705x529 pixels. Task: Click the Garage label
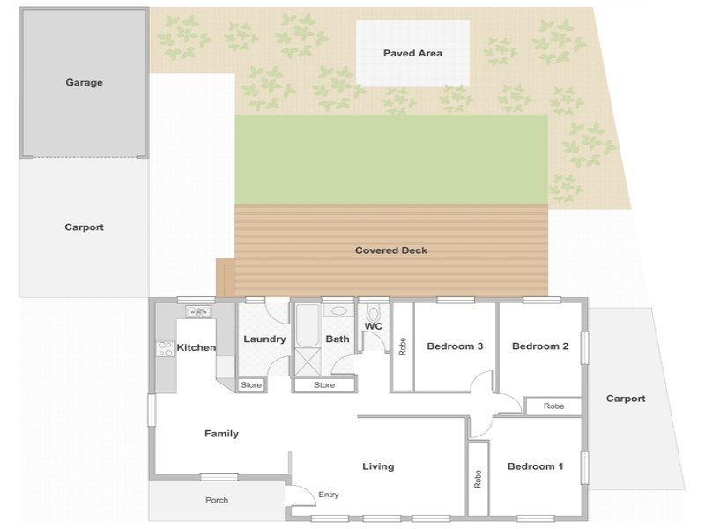pyautogui.click(x=84, y=82)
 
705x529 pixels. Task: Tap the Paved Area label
pyautogui.click(x=412, y=53)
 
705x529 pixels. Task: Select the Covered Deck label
pyautogui.click(x=391, y=250)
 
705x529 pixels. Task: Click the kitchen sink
pyautogui.click(x=198, y=311)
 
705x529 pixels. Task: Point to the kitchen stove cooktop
pyautogui.click(x=165, y=349)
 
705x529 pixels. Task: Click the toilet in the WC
pyautogui.click(x=373, y=313)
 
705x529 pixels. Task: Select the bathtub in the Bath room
pyautogui.click(x=308, y=325)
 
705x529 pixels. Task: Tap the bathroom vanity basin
pyautogui.click(x=338, y=310)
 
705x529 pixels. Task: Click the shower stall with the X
pyautogui.click(x=308, y=361)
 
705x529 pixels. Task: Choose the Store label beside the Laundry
pyautogui.click(x=251, y=385)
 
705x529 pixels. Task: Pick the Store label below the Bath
pyautogui.click(x=324, y=385)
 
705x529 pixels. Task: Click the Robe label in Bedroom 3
pyautogui.click(x=403, y=346)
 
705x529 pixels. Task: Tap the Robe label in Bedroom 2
pyautogui.click(x=554, y=406)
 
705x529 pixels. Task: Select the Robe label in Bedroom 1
pyautogui.click(x=478, y=479)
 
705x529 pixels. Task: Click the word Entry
pyautogui.click(x=328, y=495)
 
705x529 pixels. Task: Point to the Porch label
pyautogui.click(x=217, y=500)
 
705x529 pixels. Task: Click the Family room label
pyautogui.click(x=221, y=434)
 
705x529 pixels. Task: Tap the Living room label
pyautogui.click(x=378, y=466)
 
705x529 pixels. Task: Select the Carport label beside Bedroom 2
pyautogui.click(x=626, y=399)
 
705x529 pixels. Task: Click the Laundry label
pyautogui.click(x=264, y=339)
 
